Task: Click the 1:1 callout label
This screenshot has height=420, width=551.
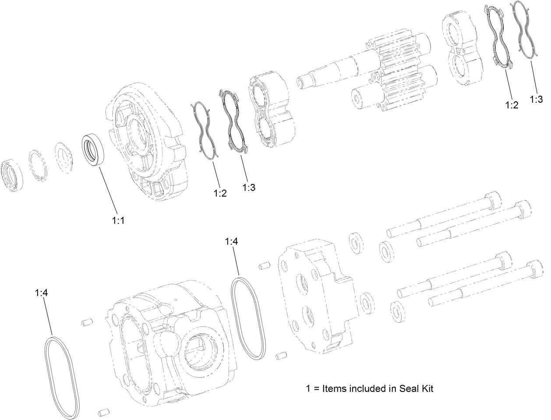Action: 118,221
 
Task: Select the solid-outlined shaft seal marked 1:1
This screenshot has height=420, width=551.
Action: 94,150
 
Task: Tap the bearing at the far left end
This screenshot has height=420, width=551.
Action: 13,175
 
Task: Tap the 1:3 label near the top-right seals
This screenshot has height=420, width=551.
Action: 536,100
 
